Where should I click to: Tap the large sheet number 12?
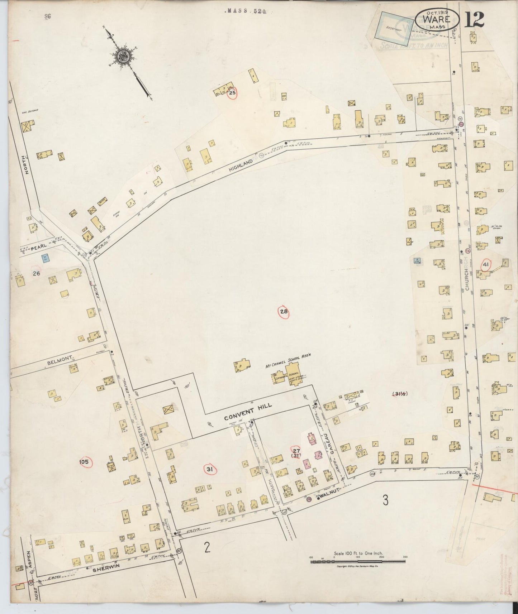tap(474, 20)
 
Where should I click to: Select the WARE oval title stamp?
tap(437, 20)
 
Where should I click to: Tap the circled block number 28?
tap(284, 312)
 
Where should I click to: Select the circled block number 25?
tap(232, 93)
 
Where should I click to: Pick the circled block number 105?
tap(84, 462)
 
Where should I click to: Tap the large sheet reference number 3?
tap(385, 501)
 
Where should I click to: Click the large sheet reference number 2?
tap(207, 548)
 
